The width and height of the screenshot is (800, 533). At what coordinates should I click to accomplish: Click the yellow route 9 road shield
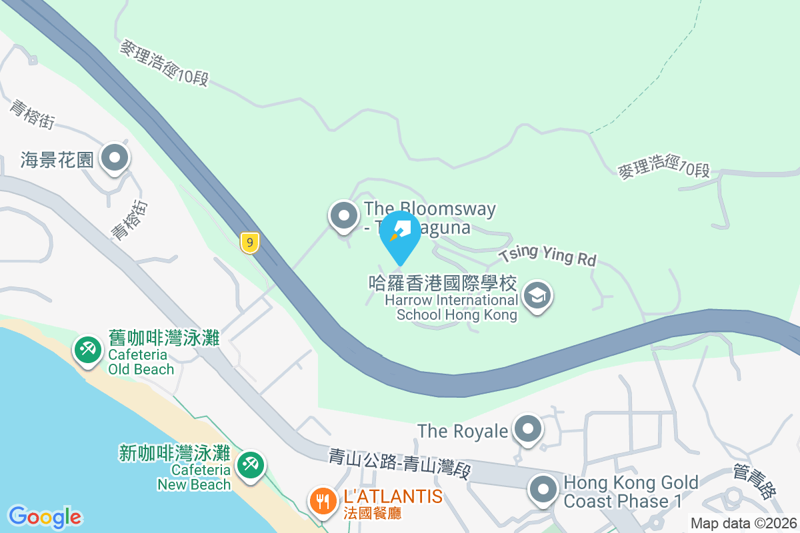249,243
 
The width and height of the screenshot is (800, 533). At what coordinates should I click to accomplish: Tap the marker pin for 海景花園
115,159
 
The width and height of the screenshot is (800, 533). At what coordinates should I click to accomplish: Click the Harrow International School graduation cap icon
537,296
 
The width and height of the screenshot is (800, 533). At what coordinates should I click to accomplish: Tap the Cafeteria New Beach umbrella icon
250,464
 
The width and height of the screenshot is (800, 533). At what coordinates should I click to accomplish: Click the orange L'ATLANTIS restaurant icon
323,500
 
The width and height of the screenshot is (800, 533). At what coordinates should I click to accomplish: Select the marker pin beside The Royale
529,430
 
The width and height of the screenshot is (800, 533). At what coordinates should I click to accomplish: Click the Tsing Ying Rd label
547,256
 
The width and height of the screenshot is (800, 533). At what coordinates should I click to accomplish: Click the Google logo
45,517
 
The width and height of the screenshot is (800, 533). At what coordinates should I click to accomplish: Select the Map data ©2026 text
743,523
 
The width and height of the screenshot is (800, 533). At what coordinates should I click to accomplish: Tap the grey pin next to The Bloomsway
344,216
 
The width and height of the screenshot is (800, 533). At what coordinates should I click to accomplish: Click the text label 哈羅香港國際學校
443,284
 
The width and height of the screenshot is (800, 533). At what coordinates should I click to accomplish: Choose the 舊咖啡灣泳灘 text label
164,338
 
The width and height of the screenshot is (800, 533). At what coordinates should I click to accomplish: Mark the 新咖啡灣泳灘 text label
174,454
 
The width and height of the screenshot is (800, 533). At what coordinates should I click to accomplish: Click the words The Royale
463,430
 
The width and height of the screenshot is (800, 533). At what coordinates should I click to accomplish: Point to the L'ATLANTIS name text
393,496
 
